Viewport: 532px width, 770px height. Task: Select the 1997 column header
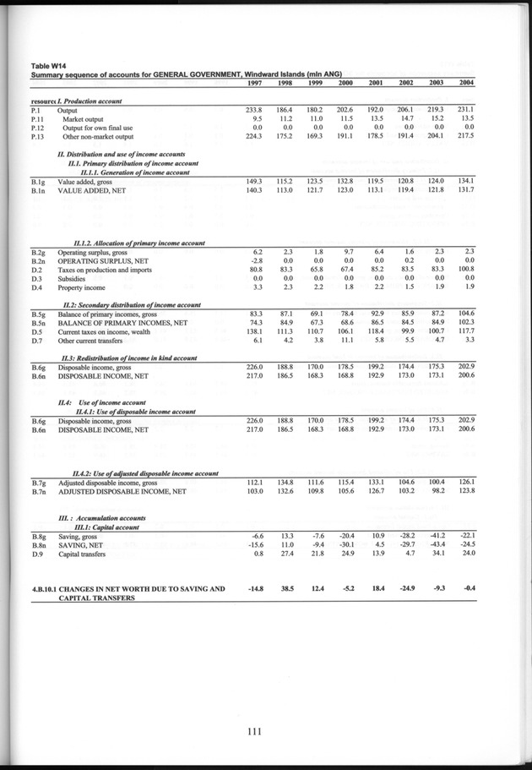(x=254, y=83)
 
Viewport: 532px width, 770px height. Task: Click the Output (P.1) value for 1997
(x=254, y=111)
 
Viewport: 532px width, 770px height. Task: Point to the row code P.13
(x=37, y=136)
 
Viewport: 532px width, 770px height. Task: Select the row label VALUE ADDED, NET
(x=94, y=190)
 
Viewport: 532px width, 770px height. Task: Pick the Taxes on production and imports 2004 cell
(x=464, y=270)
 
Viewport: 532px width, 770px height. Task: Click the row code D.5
(x=37, y=331)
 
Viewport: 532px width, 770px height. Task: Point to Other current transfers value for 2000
(x=344, y=340)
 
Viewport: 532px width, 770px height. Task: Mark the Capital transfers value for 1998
(x=285, y=554)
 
